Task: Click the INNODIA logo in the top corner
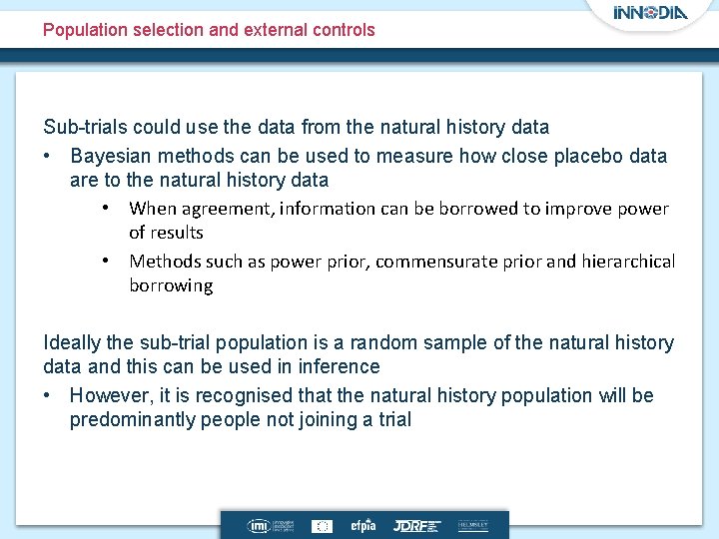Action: coord(650,13)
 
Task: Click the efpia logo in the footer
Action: coord(362,525)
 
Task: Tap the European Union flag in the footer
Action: coord(322,525)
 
